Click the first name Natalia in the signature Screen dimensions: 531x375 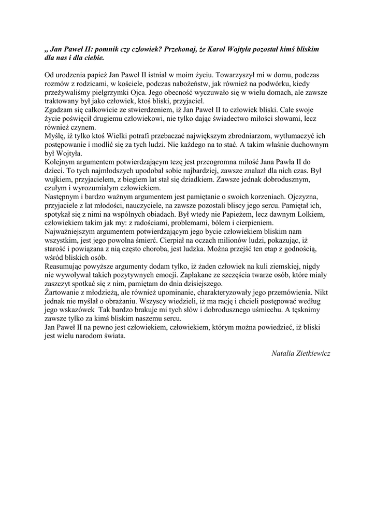[284, 353]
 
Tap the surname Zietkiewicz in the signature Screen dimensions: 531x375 [313, 353]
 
